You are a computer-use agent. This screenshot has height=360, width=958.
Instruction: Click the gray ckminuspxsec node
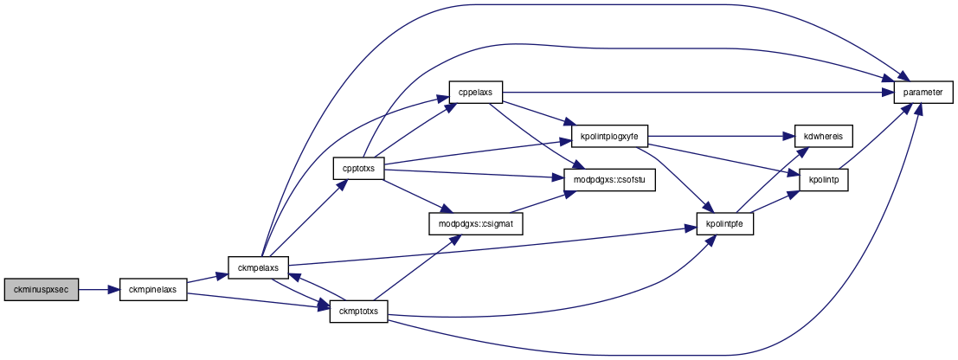[x=42, y=290]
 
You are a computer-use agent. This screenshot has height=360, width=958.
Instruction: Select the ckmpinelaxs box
[x=152, y=290]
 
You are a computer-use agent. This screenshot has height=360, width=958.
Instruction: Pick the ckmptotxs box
[x=358, y=312]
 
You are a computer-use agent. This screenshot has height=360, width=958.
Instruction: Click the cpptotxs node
[x=358, y=168]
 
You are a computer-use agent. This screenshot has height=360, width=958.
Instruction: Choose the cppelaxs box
[x=475, y=93]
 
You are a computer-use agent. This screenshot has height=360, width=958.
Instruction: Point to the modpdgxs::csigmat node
[x=476, y=224]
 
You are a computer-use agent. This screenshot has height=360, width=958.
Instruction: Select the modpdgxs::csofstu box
[x=603, y=180]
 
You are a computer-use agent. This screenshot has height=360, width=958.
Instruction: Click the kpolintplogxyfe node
[x=609, y=137]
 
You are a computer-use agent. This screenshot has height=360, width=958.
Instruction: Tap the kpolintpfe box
[x=725, y=224]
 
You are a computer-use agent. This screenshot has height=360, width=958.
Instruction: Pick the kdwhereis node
[x=823, y=137]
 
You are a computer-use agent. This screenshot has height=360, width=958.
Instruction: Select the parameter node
[x=923, y=93]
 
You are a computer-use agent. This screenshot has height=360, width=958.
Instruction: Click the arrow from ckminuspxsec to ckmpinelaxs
[x=99, y=290]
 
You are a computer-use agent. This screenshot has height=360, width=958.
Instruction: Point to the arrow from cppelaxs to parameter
[x=698, y=93]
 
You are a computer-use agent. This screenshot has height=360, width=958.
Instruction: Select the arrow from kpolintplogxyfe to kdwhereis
[x=721, y=137]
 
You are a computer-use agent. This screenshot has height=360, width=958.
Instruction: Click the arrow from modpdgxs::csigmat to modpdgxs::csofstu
[x=537, y=202]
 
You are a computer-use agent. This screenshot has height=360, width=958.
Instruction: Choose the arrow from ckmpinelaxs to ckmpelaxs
[x=208, y=279]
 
